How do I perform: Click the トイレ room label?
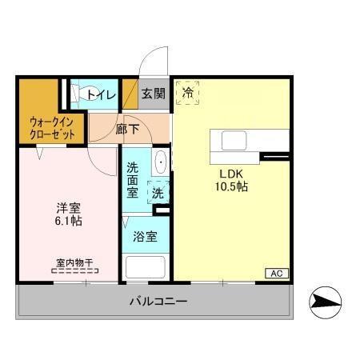(x=102, y=95)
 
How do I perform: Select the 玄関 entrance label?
(x=154, y=94)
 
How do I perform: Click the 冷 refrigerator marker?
(x=187, y=92)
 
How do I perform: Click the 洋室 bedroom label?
(x=67, y=206)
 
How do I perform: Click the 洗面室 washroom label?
(x=134, y=180)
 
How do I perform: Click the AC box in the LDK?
(x=276, y=274)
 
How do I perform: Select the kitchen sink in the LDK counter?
(x=234, y=140)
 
